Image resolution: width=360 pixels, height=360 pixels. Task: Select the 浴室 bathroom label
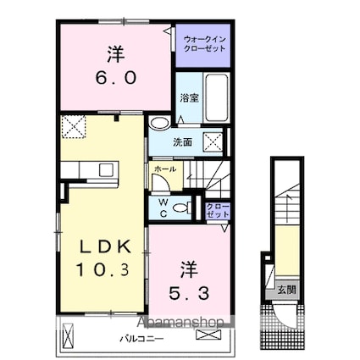(x=188, y=98)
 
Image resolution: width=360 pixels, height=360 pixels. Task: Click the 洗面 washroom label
(x=184, y=142)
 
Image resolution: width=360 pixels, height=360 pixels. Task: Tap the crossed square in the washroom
(x=214, y=141)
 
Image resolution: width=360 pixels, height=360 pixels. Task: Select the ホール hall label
(x=164, y=169)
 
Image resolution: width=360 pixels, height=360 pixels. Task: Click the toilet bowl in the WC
(x=181, y=208)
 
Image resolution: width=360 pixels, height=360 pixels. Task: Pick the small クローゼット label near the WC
(x=217, y=208)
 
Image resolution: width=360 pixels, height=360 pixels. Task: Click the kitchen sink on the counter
(x=106, y=169)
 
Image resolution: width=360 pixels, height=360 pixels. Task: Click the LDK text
(x=104, y=246)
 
